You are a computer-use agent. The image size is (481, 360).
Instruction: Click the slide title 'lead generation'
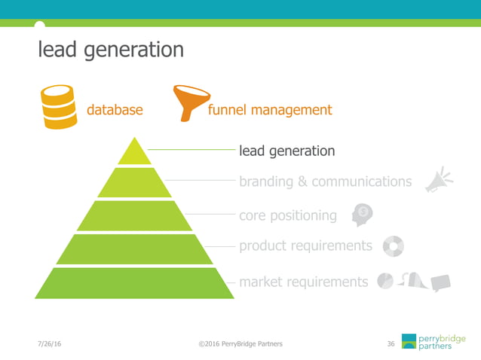110,50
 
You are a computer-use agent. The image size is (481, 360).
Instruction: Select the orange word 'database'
115,110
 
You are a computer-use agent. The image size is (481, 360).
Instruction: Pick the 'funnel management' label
269,110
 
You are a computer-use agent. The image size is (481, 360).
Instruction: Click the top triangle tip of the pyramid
135,152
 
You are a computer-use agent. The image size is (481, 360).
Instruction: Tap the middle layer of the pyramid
135,216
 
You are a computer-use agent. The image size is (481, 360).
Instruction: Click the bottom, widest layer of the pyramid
135,283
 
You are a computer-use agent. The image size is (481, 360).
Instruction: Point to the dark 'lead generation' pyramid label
286,151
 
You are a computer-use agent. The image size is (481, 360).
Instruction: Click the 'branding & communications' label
325,182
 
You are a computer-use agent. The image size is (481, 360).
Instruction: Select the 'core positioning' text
287,216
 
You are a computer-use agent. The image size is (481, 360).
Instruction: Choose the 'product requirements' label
305,246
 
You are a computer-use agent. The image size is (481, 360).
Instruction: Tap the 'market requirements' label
303,282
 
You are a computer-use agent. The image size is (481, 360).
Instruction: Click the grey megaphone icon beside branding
438,181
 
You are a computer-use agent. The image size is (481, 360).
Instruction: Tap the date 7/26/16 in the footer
50,344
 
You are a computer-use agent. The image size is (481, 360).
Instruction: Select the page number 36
391,344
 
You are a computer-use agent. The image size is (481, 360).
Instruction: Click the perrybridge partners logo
433,341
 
